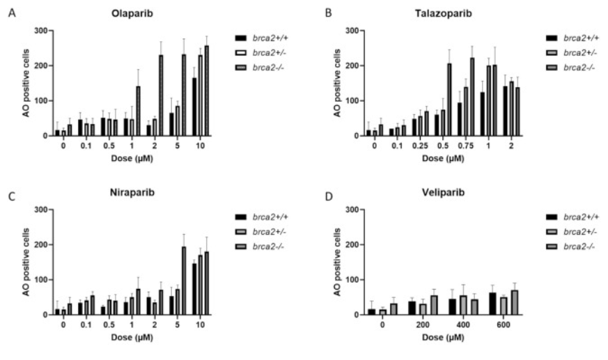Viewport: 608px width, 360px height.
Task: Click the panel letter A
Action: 10,13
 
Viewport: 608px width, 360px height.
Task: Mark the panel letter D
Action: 329,196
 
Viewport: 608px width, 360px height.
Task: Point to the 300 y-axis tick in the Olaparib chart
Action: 43,31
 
